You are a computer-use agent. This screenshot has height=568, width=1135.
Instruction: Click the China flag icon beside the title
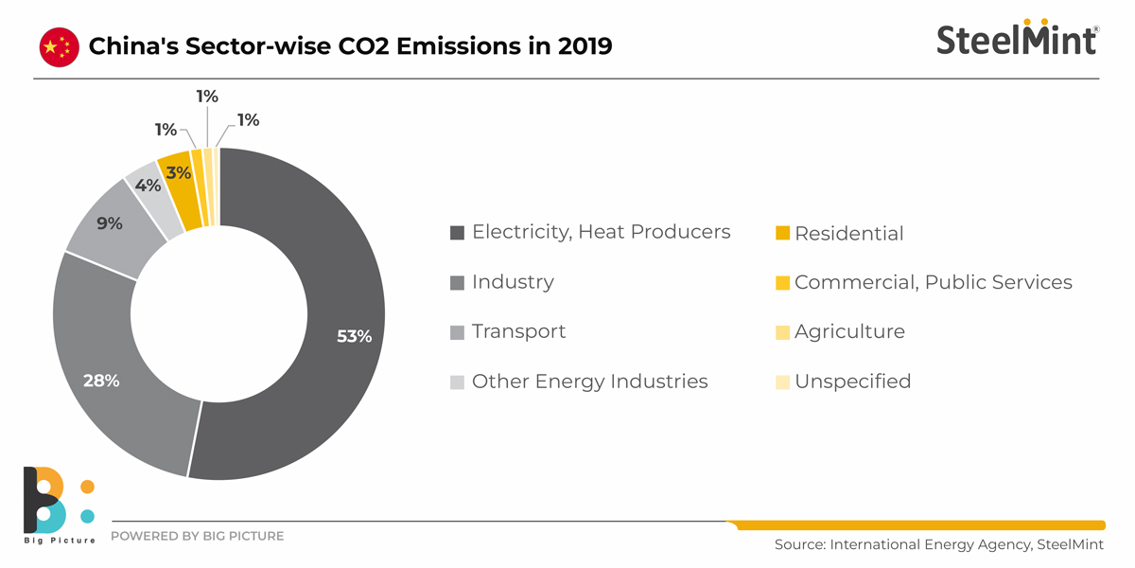click(60, 47)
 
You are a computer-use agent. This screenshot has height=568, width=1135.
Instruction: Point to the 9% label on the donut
click(110, 223)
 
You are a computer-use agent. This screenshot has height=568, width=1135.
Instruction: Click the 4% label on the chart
click(148, 186)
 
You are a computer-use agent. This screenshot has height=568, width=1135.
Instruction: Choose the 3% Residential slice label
click(179, 173)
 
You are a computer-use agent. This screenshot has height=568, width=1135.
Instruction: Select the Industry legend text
click(513, 281)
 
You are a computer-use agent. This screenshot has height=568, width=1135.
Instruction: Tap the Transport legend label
click(518, 331)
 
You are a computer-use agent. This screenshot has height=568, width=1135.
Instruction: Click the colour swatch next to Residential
click(782, 233)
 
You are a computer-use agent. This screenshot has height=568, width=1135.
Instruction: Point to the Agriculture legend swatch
click(782, 332)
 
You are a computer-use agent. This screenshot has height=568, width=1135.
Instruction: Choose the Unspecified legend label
click(853, 382)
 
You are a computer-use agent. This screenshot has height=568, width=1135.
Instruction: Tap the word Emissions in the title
click(459, 46)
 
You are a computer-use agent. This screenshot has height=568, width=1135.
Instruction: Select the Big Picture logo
click(60, 506)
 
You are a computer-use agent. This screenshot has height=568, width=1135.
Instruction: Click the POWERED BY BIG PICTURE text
click(197, 536)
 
